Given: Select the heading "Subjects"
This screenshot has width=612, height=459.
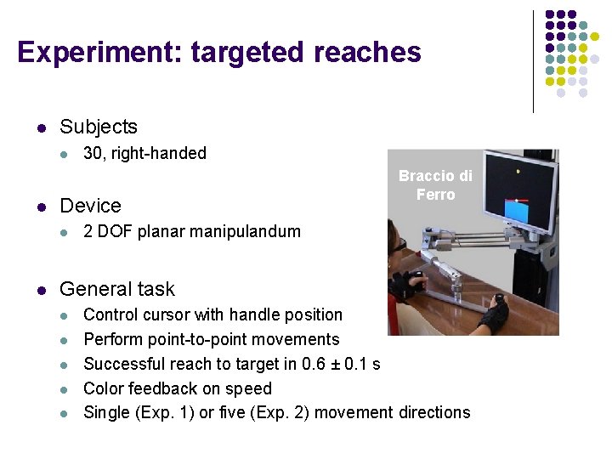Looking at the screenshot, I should click(x=98, y=127).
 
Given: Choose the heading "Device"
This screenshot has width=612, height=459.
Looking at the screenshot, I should click(x=90, y=206).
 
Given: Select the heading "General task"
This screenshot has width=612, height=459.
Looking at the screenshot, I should click(x=116, y=289).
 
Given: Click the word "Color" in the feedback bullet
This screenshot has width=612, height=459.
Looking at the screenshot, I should click(x=104, y=388).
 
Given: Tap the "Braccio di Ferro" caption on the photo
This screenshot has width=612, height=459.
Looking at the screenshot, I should click(x=435, y=185).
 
